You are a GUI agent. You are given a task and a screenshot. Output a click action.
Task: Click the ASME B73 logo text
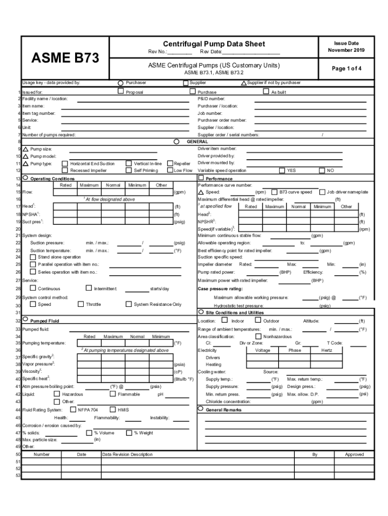(x=66, y=58)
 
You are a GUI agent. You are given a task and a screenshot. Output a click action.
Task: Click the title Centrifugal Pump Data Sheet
(x=214, y=44)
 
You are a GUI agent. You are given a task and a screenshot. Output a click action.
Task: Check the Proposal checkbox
(x=121, y=92)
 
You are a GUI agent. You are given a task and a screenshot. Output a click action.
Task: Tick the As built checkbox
(x=267, y=92)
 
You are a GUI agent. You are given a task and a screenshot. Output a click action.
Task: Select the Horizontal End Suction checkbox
(x=64, y=164)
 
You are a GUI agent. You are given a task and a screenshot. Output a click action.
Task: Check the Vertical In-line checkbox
(x=128, y=164)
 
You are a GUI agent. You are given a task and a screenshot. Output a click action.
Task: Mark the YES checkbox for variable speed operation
(x=282, y=170)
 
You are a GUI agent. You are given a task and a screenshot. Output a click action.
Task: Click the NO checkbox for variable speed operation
(x=322, y=170)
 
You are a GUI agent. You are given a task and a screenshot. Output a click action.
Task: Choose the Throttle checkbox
(x=81, y=304)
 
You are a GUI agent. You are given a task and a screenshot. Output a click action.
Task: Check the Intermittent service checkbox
(x=89, y=288)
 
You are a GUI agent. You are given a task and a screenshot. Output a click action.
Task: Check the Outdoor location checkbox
(x=258, y=320)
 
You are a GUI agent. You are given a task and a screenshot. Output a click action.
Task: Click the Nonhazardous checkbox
(x=258, y=336)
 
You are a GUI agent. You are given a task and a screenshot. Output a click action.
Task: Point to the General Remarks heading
(x=224, y=410)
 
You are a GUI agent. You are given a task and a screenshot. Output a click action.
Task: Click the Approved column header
(x=354, y=455)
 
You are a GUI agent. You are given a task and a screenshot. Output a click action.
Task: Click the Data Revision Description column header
(x=127, y=455)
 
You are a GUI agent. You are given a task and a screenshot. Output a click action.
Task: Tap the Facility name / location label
(x=45, y=99)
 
